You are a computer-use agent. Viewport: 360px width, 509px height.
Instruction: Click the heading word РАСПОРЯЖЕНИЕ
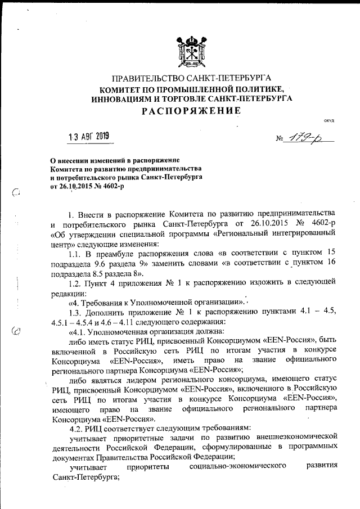tap(191, 111)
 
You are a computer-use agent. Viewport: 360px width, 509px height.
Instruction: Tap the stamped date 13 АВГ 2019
tap(88, 136)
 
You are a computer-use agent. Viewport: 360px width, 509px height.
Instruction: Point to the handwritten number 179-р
tap(307, 138)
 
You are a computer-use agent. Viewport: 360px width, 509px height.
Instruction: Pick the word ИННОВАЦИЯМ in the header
tap(125, 98)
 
